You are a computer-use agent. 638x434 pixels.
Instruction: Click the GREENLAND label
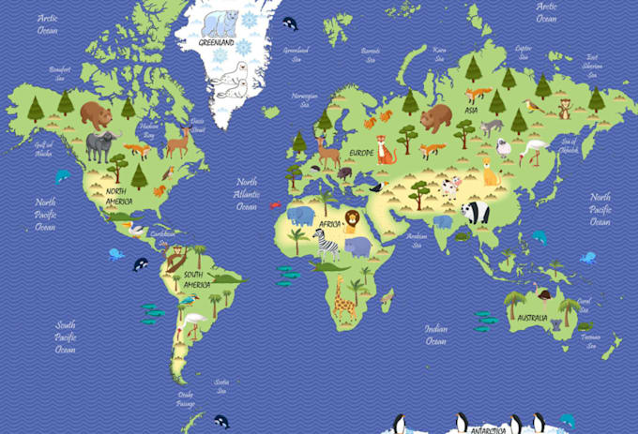pyautogui.click(x=218, y=42)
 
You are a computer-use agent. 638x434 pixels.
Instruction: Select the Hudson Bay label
pyautogui.click(x=148, y=129)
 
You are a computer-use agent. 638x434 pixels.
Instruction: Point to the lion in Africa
pyautogui.click(x=351, y=221)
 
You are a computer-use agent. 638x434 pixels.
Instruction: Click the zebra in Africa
pyautogui.click(x=327, y=246)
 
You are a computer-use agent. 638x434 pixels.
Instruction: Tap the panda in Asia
pyautogui.click(x=476, y=213)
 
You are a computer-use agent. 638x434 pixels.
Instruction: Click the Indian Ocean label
pyautogui.click(x=435, y=335)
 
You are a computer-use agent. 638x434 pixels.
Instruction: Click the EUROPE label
pyautogui.click(x=361, y=152)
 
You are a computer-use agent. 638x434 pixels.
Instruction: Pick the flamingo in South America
pyautogui.click(x=195, y=323)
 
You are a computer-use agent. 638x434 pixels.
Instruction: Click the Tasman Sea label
pyautogui.click(x=589, y=340)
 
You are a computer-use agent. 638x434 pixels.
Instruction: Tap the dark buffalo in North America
pyautogui.click(x=103, y=145)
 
